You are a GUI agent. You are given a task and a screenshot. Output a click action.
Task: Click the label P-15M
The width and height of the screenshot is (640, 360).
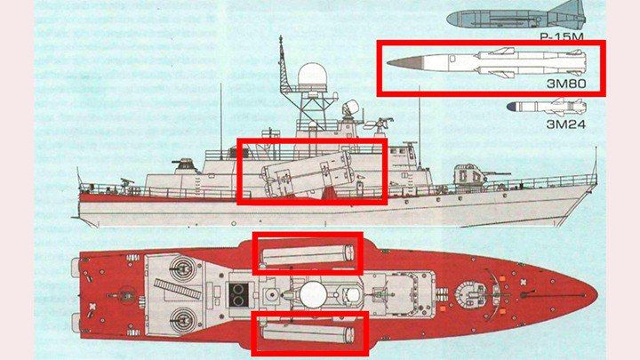click(562, 37)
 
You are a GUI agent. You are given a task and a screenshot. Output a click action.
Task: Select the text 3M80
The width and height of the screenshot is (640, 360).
click(566, 84)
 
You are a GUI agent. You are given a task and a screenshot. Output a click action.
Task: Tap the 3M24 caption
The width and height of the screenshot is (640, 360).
click(565, 124)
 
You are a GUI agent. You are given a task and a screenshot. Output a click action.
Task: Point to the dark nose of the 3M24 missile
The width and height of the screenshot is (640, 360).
click(512, 107)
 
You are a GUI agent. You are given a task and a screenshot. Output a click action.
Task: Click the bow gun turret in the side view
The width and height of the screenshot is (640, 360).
click(469, 175)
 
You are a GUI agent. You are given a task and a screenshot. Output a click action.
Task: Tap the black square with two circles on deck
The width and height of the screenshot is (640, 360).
click(238, 295)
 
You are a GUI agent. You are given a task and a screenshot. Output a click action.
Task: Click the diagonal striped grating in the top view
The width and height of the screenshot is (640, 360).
click(179, 287)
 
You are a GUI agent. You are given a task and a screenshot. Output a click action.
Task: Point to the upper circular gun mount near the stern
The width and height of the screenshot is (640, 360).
click(182, 267)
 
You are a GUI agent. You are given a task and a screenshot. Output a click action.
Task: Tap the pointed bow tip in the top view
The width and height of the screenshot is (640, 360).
click(596, 294)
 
